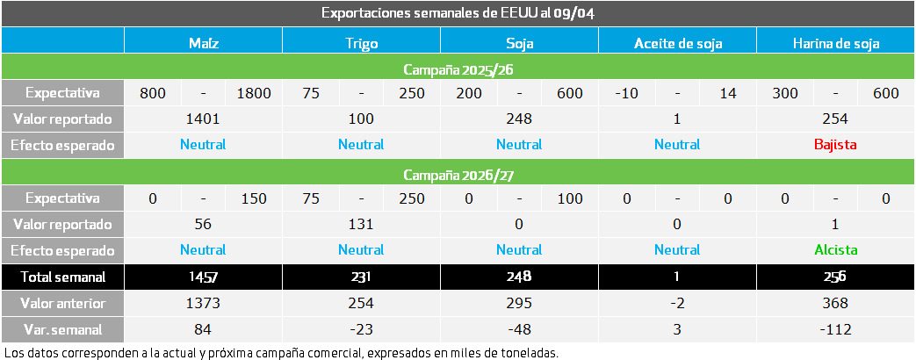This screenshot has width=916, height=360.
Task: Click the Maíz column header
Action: (x=203, y=41)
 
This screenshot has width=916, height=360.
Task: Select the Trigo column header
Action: (x=361, y=41)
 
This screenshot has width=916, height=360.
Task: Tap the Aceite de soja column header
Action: (x=676, y=41)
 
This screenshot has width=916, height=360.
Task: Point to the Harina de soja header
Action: (x=835, y=41)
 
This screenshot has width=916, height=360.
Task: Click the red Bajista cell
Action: (x=835, y=144)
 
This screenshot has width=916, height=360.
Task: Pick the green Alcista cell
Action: (x=835, y=249)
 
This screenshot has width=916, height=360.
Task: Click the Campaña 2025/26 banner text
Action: (x=458, y=68)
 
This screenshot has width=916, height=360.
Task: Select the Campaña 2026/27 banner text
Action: (x=458, y=174)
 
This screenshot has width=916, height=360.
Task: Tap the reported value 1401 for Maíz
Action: (x=203, y=119)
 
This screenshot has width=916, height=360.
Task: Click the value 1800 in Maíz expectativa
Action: (x=254, y=93)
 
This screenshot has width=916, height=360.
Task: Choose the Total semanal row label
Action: (x=62, y=277)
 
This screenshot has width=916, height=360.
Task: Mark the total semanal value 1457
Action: (x=203, y=277)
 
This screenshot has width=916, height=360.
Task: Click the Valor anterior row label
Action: (x=62, y=303)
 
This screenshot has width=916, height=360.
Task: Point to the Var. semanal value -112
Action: (x=835, y=329)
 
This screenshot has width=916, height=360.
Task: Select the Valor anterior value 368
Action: (x=835, y=303)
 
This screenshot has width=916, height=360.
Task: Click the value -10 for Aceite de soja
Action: (x=625, y=93)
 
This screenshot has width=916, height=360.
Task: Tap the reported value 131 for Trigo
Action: (x=361, y=224)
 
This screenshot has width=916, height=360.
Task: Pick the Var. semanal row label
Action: (x=62, y=329)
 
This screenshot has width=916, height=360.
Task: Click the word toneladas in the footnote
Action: (x=527, y=352)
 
